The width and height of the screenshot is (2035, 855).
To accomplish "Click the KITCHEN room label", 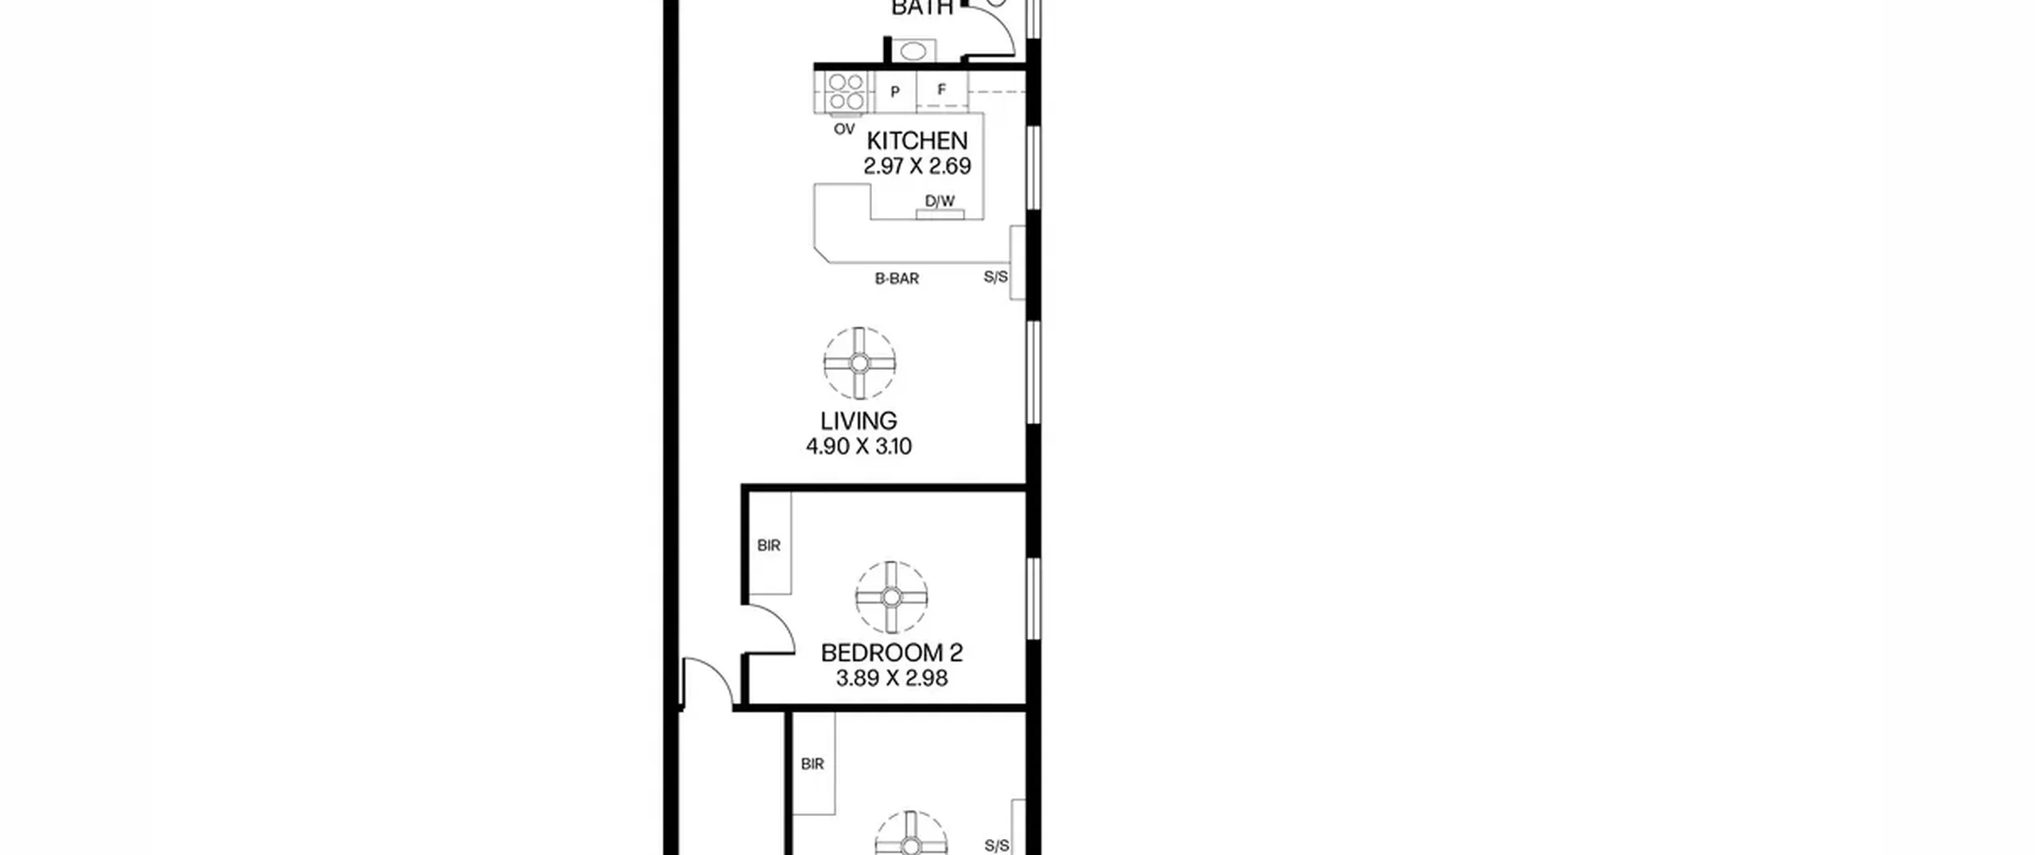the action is coord(917,141).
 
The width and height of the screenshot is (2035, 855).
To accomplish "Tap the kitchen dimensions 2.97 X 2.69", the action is coord(917,166).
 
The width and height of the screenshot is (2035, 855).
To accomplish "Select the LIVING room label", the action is coord(859,421).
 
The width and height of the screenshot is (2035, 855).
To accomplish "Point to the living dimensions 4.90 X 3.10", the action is coord(859,446).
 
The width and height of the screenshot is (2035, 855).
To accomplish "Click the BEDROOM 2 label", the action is coord(892,653).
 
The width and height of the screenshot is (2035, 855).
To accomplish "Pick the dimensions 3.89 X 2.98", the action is coord(892,678).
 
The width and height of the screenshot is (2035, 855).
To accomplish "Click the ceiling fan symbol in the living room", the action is coord(859,363).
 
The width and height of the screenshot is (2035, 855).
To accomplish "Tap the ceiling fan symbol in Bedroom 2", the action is coord(891,597).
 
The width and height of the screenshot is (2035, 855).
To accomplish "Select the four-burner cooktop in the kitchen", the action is coord(845,92).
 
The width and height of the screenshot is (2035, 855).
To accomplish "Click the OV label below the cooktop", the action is coord(844,129).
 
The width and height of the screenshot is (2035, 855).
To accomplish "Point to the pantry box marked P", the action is coord(895,92).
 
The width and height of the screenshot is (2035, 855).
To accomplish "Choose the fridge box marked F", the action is coord(942,90).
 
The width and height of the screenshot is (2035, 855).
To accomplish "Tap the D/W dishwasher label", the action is coord(940,201).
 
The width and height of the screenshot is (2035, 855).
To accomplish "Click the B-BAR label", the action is coord(897,278).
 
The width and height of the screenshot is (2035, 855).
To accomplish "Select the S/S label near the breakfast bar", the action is coord(996,277).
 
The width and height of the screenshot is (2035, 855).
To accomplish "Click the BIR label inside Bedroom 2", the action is coord(769,546).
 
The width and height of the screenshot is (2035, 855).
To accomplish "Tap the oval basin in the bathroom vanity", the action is coord(913,51).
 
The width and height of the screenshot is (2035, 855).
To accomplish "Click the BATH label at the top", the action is coord(922,8).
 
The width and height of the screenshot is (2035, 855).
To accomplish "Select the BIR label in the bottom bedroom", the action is coord(812,764).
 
